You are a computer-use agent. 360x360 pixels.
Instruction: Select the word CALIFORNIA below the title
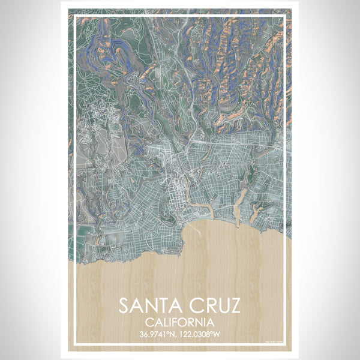click(180, 323)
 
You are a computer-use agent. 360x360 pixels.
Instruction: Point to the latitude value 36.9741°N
click(155, 334)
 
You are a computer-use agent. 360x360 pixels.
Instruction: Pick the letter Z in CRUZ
click(233, 306)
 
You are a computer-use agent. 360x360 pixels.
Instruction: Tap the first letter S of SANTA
click(124, 306)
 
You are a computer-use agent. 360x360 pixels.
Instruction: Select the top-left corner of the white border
click(73, 15)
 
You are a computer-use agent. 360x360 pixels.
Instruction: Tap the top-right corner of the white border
click(286, 15)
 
